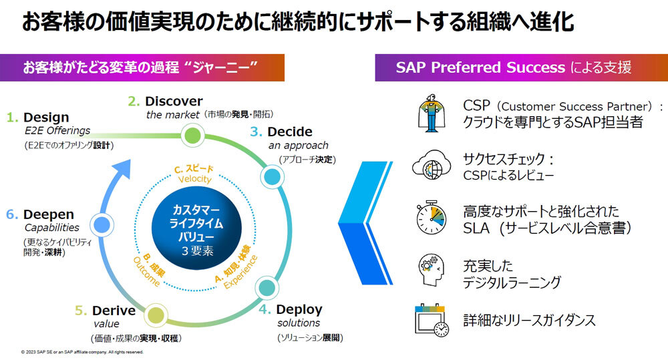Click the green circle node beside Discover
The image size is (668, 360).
[192, 136]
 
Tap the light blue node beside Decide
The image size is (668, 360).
[273, 176]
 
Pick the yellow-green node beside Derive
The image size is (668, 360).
[156, 316]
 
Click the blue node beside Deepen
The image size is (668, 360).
[102, 224]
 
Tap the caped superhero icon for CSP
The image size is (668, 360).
[432, 113]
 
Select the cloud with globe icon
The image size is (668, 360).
[432, 164]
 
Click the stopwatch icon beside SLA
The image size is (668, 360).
[431, 217]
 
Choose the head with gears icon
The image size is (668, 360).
[431, 270]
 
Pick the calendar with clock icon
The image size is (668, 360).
[432, 320]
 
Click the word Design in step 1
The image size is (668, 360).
[46, 117]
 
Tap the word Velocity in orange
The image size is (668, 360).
[194, 179]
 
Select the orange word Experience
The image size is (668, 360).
[241, 272]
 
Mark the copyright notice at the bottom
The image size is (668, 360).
[82, 353]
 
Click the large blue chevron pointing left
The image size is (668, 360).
[365, 223]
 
